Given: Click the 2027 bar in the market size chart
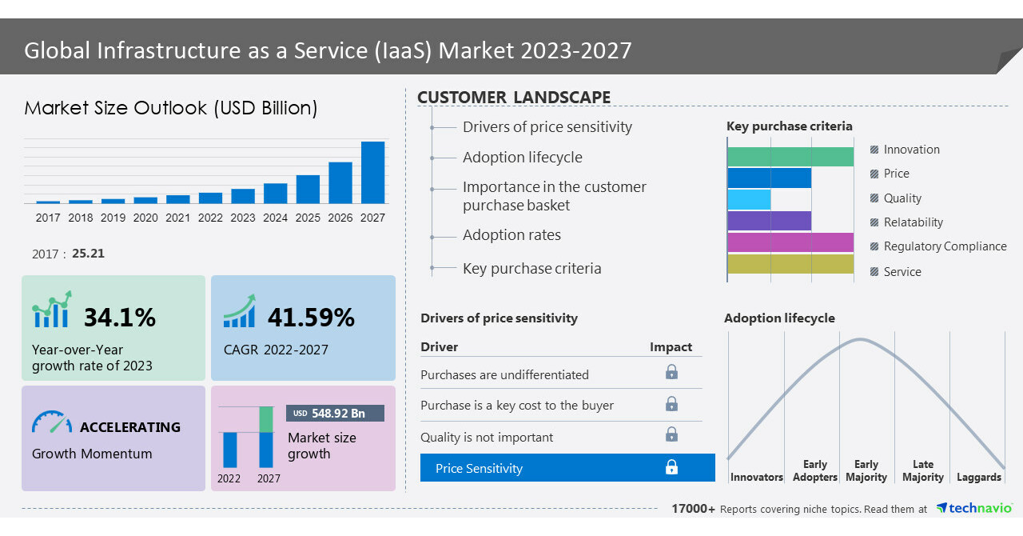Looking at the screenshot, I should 372,172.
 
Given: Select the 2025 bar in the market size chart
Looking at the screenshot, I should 308,189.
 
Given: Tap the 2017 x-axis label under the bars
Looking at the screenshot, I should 48,218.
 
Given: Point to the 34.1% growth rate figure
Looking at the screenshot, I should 120,318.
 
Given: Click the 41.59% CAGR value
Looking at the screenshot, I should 311,318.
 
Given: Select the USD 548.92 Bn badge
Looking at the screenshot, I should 335,414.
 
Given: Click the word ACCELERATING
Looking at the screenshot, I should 130,427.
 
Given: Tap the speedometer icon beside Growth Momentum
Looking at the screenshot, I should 52,422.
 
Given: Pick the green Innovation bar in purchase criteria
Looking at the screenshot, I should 790,157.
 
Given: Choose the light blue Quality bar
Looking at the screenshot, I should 750,199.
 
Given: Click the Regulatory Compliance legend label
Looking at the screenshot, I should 945,246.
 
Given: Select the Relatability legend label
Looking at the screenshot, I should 913,222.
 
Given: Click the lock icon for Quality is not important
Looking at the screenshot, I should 671,434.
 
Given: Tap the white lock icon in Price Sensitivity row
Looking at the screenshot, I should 671,467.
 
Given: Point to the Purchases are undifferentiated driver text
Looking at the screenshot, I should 504,374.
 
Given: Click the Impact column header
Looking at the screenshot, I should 671,346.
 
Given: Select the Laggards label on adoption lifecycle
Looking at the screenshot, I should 978,477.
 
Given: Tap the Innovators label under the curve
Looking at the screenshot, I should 756,477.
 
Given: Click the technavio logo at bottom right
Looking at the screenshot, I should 974,508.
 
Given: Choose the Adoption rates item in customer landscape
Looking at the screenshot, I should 511,235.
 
